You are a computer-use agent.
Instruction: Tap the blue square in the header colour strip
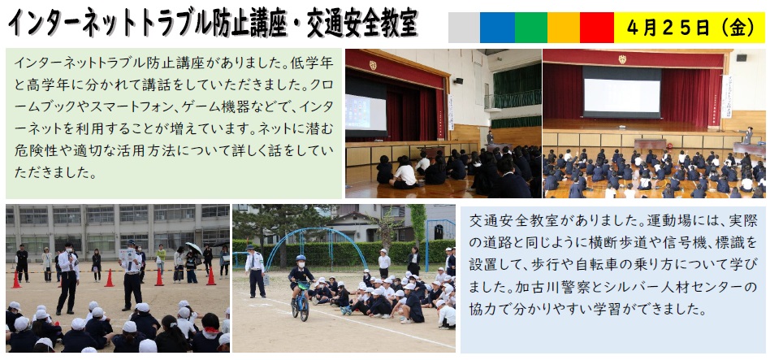coord(497,28)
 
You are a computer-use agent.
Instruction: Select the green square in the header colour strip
coord(531,28)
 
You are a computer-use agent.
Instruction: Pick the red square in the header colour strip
coord(597,28)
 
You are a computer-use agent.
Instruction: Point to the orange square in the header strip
coord(564,28)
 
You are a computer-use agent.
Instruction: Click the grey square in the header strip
coord(464,28)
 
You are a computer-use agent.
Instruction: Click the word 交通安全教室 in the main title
coord(362,24)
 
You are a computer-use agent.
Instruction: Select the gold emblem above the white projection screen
coord(622,59)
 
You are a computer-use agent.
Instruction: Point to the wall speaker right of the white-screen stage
coord(741,58)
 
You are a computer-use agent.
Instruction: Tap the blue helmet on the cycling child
coord(301,258)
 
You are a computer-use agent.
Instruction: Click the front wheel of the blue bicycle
coord(305,309)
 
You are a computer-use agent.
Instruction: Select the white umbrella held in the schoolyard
coord(193,248)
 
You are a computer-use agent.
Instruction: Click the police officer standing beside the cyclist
coord(255,271)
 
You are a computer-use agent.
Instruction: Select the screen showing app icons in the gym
coord(366,112)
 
